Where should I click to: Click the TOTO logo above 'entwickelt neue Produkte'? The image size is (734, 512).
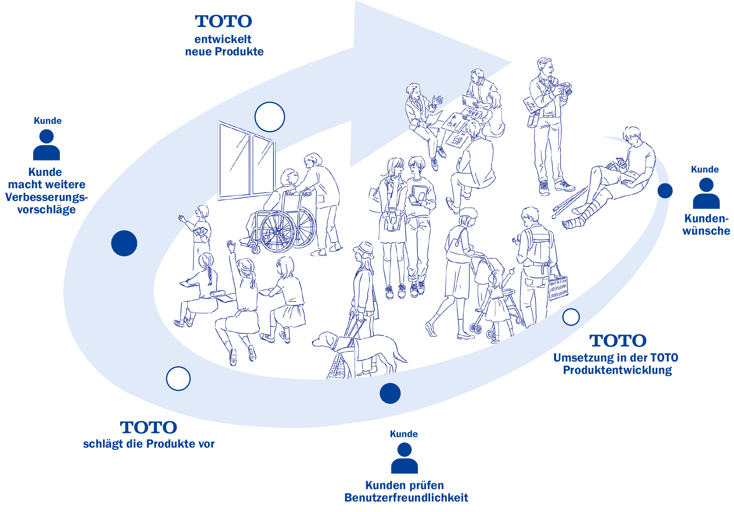point(224,21)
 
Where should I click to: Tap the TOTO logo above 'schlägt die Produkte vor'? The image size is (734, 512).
point(149,427)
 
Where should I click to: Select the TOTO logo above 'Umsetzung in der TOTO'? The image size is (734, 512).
point(618,341)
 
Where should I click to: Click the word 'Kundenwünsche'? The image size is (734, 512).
point(706,225)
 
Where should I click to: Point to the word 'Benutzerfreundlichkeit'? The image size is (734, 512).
point(406,498)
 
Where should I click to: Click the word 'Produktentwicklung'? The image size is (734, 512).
point(618,370)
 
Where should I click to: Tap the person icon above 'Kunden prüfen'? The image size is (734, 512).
point(404,458)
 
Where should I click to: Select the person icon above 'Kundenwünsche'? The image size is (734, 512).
point(706,193)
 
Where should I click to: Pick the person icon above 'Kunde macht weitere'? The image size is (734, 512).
point(46,145)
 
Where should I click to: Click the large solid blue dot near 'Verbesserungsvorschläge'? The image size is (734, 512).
point(124,243)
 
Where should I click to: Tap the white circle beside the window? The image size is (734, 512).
point(270,117)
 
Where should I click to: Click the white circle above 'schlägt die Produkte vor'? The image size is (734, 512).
point(178,378)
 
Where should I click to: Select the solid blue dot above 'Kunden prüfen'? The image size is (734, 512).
point(390,393)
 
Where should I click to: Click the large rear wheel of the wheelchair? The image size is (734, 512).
point(277,232)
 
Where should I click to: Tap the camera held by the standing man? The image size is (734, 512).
point(564,88)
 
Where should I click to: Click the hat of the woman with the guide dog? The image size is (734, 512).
point(363,249)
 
